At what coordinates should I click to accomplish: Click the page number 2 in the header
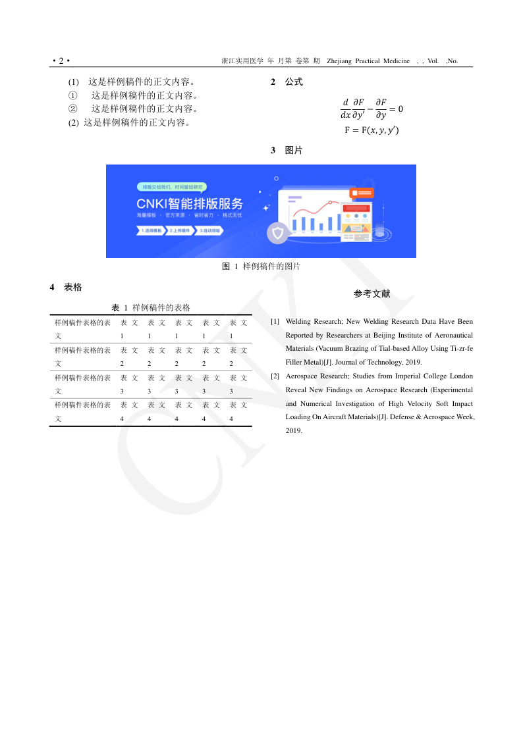coord(61,61)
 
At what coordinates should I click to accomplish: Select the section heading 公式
coord(294,82)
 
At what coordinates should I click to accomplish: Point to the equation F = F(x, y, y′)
coord(372,130)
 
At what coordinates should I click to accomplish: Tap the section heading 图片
coord(294,151)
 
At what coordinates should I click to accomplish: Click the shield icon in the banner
coord(277,233)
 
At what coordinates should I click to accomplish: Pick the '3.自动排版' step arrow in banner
coord(210,231)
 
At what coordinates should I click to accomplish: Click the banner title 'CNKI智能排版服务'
coord(190,203)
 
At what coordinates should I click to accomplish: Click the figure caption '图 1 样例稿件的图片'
coord(261,267)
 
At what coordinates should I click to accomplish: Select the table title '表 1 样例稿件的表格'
coord(151,308)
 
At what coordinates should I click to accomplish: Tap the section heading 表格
coord(73,288)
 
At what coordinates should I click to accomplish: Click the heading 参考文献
coord(372,294)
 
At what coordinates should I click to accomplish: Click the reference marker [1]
coord(275,322)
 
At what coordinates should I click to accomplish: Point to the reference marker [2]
coord(275,376)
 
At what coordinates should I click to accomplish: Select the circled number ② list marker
coord(73,109)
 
